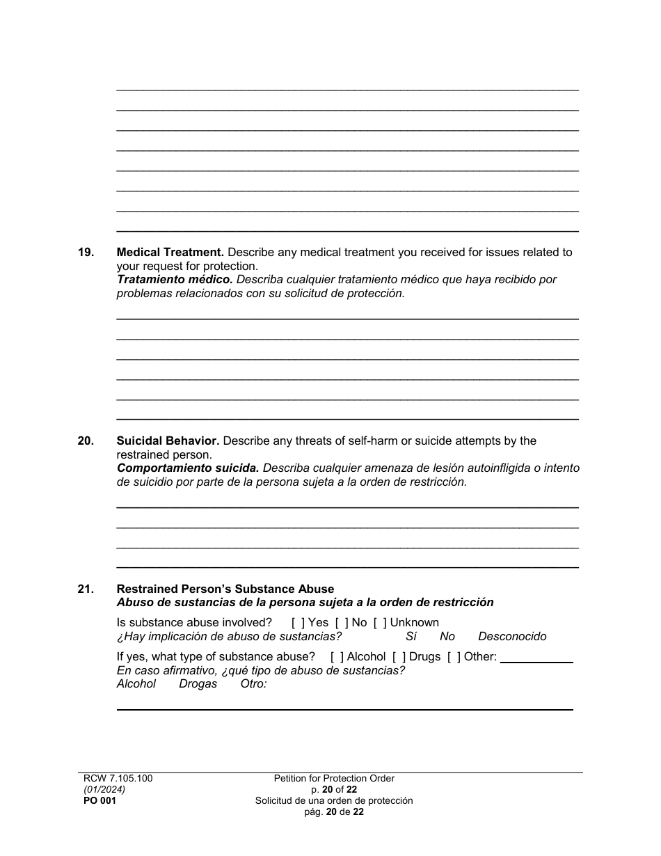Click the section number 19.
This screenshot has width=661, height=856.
pyautogui.click(x=86, y=253)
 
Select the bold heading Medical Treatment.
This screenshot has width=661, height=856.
pyautogui.click(x=170, y=253)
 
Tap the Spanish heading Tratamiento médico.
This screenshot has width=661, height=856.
pyautogui.click(x=175, y=280)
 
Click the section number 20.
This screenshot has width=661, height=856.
pyautogui.click(x=86, y=441)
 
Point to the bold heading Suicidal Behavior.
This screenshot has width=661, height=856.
pyautogui.click(x=168, y=441)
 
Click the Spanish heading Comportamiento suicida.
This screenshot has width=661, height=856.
pyautogui.click(x=188, y=468)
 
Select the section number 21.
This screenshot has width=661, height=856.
pyautogui.click(x=86, y=589)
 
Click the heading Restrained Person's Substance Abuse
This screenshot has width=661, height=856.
pyautogui.click(x=225, y=589)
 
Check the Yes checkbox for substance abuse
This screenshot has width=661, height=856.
pyautogui.click(x=298, y=623)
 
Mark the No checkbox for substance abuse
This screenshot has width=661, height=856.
pyautogui.click(x=342, y=623)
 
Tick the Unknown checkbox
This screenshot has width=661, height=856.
pyautogui.click(x=380, y=623)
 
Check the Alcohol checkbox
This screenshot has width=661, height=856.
pyautogui.click(x=337, y=657)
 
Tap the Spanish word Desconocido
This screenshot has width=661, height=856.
pyautogui.click(x=512, y=637)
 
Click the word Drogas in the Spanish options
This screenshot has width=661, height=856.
pyautogui.click(x=198, y=684)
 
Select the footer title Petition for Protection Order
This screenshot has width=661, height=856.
pyautogui.click(x=334, y=779)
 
